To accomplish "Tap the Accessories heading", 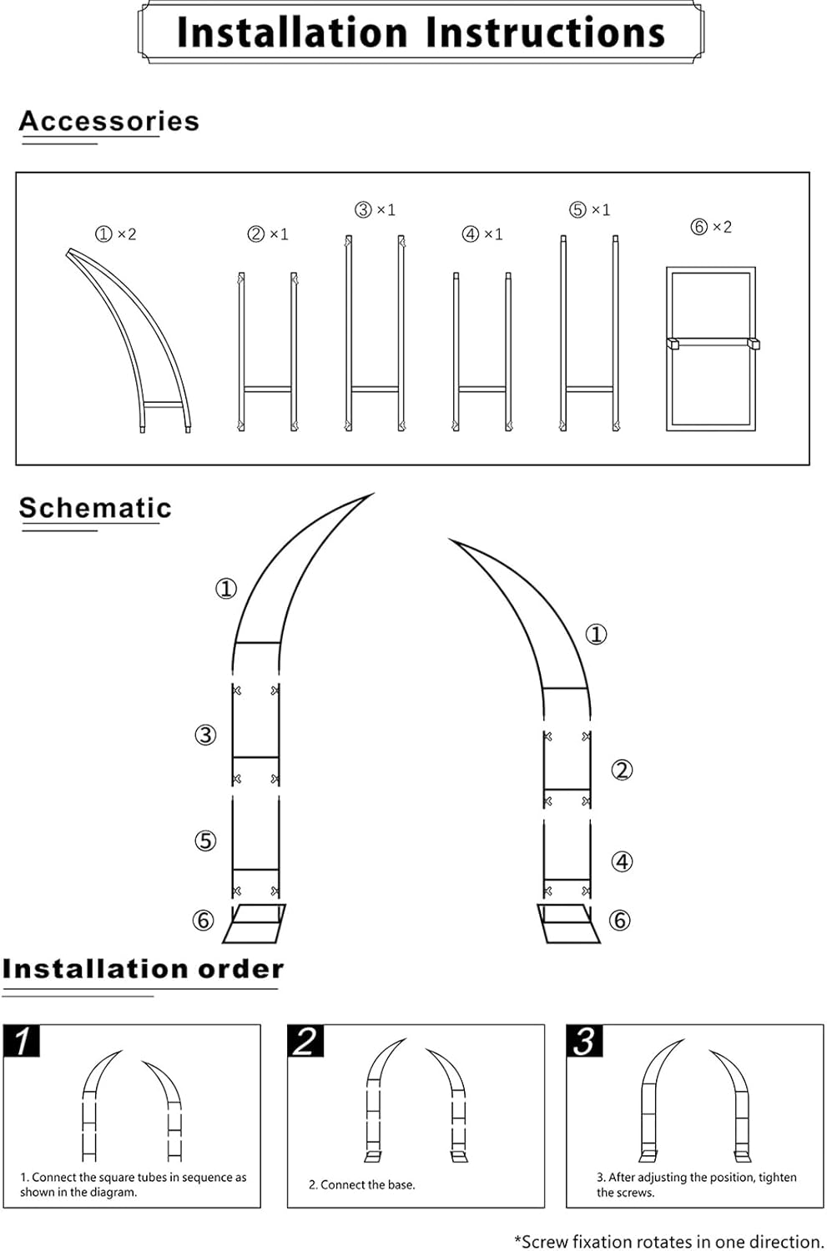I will pos(109,122).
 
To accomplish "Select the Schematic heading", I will pos(95,508).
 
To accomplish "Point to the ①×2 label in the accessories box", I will pos(115,234).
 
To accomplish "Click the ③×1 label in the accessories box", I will pos(375,210).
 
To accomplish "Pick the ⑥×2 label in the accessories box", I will pos(711,227).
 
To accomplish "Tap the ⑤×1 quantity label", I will pos(590,210).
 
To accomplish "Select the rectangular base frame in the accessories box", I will pos(711,348).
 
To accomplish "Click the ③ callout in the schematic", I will pos(205,735).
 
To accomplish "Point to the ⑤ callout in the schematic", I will pos(205,841).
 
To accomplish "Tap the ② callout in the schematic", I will pos(622,770).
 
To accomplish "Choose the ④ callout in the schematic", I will pos(622,862).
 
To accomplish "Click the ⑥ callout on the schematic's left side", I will pos(204,920).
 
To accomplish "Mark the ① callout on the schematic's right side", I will pos(596,635).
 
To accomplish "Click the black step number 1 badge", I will pos(23,1041).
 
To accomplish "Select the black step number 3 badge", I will pos(584,1041).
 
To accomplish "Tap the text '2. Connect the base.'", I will pos(361,1184).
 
